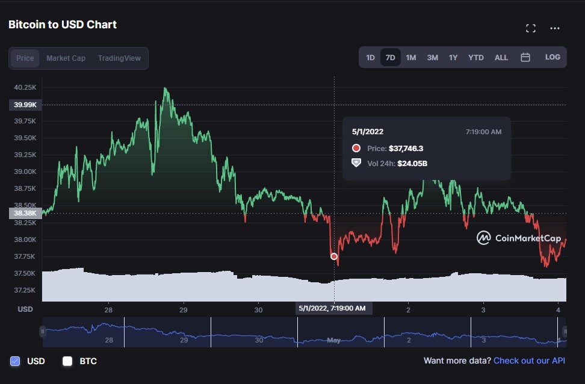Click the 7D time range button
click(390, 58)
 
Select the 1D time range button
click(370, 58)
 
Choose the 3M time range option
click(432, 58)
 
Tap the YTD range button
click(475, 58)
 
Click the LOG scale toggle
click(552, 57)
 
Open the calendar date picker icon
click(525, 58)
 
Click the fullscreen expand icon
click(530, 28)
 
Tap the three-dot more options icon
click(554, 28)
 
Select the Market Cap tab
click(66, 58)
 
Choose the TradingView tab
click(119, 58)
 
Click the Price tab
click(25, 58)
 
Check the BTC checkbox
click(67, 361)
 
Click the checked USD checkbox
click(15, 361)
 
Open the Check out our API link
click(529, 361)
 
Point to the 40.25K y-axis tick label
click(26, 87)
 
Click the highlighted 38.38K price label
click(25, 213)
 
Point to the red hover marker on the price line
click(334, 256)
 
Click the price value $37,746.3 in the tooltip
click(406, 148)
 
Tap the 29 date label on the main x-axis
click(183, 309)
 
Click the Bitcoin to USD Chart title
click(63, 25)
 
